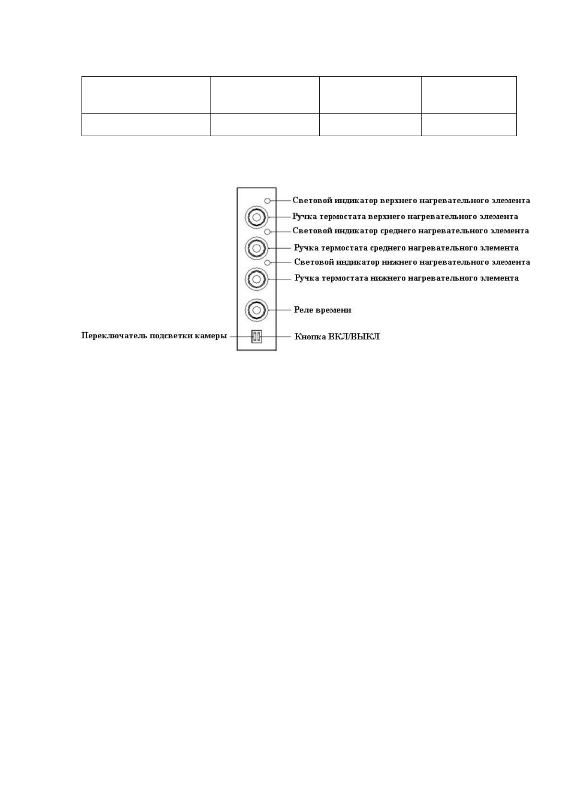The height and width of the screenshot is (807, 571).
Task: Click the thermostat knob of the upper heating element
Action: tap(256, 218)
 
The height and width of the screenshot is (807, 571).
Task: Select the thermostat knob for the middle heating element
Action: tap(256, 248)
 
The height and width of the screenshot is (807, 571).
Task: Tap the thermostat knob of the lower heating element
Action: tap(256, 278)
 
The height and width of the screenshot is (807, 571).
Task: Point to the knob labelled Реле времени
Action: tap(256, 310)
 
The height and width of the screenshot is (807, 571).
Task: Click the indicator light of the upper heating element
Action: tap(268, 201)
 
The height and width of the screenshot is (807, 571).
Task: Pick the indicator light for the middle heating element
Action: tap(268, 231)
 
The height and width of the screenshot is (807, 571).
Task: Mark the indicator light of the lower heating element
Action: tap(268, 263)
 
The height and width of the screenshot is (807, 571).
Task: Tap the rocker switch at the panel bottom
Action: tap(257, 336)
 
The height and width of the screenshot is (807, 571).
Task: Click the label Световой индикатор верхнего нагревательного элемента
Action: tap(411, 200)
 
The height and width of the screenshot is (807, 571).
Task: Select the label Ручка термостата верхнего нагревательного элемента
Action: tap(406, 217)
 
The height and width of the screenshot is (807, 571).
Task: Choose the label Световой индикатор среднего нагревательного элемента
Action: tap(411, 231)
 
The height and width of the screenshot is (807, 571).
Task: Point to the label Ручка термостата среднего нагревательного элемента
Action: tap(406, 248)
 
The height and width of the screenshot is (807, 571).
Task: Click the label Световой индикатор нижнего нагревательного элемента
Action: tap(412, 262)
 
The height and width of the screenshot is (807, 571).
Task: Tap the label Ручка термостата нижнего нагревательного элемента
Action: tap(406, 278)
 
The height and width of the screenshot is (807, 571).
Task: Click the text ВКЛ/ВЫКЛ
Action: tap(354, 336)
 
